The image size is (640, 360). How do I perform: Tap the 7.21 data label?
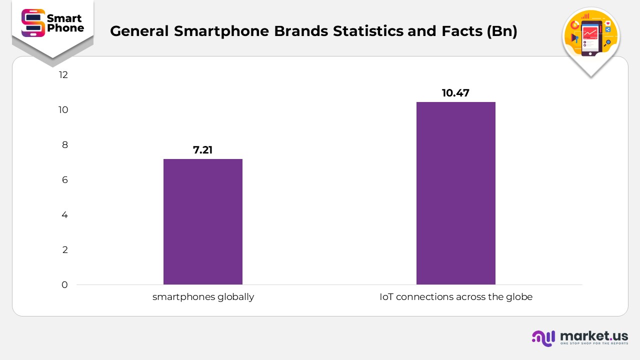(x=203, y=150)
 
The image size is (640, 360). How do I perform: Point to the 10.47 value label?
(x=455, y=93)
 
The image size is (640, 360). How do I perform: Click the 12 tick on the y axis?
(x=63, y=75)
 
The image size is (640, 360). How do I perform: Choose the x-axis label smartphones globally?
(x=203, y=297)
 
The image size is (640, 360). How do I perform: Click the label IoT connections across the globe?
(x=455, y=297)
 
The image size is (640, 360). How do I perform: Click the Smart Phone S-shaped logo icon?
(x=33, y=23)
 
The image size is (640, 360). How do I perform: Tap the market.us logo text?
(x=594, y=335)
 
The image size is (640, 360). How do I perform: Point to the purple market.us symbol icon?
(x=543, y=338)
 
